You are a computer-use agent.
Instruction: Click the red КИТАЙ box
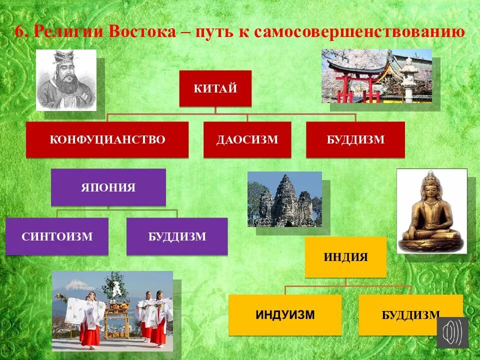point(215,88)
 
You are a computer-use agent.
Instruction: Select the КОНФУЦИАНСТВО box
point(107,139)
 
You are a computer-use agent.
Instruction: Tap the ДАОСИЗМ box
point(247,139)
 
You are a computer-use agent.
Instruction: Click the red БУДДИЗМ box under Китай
point(355,139)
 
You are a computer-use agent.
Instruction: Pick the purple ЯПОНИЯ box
point(108,187)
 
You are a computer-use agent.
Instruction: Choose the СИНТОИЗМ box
point(57,236)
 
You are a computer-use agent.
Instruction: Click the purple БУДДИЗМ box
point(177,236)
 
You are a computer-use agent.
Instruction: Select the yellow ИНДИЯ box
point(345,257)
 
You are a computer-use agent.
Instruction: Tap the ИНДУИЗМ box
point(285,314)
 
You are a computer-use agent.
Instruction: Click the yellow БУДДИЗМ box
point(410,314)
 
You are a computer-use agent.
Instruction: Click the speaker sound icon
point(453,332)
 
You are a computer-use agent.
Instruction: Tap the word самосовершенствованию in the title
point(359,32)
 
